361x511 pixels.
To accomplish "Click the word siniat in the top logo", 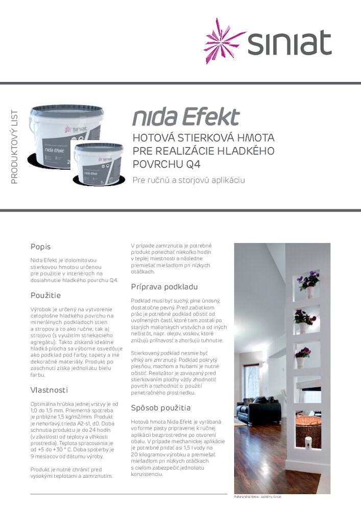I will pos(290,43).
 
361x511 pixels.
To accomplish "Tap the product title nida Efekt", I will pos(186,117).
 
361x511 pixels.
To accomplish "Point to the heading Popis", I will pos(40,247).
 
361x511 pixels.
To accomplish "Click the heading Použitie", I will pos(45,295).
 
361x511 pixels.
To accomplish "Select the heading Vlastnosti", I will pos(49,390).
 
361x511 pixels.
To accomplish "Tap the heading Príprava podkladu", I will pos(164,287).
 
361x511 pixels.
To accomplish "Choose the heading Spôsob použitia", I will pos(161,408).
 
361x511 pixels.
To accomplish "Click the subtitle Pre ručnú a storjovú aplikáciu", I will pos(189,180).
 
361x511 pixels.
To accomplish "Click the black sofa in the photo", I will pos(257,409).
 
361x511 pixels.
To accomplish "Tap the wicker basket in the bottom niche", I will pos(308,427).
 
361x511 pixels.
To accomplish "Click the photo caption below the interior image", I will pos(257,497).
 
